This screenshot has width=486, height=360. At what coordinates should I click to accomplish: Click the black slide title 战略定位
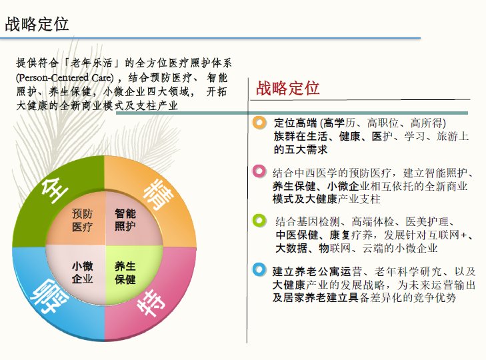point(37,24)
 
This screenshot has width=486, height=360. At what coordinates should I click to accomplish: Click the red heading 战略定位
point(287,88)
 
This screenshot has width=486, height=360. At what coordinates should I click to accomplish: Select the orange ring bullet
point(259,123)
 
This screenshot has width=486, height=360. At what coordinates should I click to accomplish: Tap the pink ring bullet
point(259,171)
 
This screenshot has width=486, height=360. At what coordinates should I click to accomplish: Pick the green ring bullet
point(259,221)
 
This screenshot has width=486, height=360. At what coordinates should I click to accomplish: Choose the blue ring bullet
point(259,269)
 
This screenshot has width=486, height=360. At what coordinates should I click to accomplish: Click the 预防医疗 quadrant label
point(82,220)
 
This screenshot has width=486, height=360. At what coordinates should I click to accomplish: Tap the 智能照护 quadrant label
point(125,219)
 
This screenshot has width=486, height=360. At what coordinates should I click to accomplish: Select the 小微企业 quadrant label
point(82,272)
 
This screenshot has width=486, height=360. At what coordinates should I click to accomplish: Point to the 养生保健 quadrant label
point(125,273)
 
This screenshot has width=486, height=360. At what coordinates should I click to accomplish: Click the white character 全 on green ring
point(55,190)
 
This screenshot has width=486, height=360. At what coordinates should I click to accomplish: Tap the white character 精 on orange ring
point(158,195)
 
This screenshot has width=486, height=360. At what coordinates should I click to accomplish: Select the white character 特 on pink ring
point(151,302)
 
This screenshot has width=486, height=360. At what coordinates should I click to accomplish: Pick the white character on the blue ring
point(50,295)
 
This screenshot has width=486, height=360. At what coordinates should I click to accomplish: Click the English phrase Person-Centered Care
point(65,77)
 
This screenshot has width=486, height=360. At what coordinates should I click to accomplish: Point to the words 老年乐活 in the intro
point(91,63)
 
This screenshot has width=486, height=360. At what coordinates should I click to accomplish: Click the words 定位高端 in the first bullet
point(295,123)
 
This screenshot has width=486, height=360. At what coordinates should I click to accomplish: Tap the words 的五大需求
point(301,149)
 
